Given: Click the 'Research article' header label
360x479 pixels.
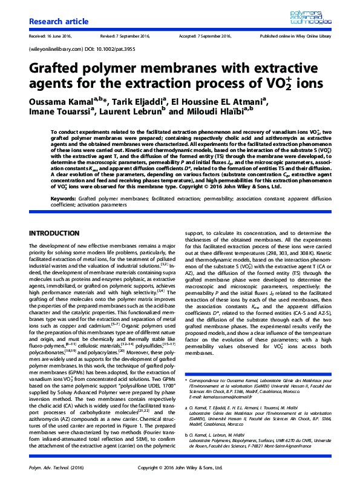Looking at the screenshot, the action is tap(54, 22).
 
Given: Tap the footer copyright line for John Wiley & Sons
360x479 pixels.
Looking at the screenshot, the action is tap(180, 467).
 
